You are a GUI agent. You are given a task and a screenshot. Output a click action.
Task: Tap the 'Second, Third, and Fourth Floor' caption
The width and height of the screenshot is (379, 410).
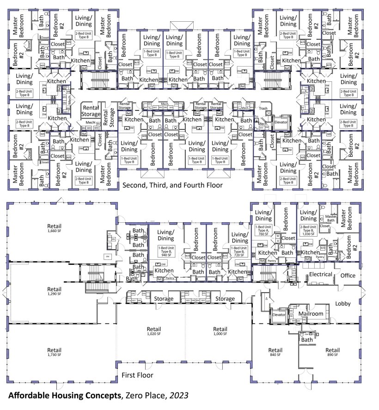click(172, 185)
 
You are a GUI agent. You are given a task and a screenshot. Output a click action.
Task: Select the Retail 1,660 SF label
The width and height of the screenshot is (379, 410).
click(54, 229)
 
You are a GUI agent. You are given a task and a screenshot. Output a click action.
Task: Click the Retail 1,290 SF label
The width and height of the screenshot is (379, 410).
click(54, 291)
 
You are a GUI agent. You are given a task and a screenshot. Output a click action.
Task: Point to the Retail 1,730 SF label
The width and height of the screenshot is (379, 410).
click(54, 352)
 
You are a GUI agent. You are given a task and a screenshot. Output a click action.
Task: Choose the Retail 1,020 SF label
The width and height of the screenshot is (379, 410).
click(154, 331)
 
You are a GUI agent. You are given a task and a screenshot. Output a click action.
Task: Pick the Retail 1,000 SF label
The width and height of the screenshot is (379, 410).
click(220, 331)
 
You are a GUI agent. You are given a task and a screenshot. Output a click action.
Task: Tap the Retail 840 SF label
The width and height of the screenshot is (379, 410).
click(275, 352)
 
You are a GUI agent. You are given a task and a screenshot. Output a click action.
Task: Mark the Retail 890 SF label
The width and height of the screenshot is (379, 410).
click(332, 352)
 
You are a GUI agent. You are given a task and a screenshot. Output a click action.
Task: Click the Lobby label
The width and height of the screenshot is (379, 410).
click(343, 304)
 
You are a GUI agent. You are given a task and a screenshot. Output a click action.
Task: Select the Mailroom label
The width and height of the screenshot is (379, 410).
click(310, 313)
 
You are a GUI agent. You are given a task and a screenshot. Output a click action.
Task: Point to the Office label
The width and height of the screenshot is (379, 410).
click(348, 275)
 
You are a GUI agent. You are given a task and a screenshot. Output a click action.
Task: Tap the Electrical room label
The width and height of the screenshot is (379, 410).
click(321, 274)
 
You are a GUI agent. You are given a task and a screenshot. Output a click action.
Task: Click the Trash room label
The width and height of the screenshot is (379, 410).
click(264, 108)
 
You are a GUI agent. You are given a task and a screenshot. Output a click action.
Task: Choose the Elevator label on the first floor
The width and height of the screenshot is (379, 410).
click(279, 314)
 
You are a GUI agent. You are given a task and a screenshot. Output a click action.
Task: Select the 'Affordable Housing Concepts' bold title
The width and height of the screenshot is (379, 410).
click(63, 396)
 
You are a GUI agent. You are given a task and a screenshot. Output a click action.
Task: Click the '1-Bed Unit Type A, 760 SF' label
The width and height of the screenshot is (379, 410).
click(263, 230)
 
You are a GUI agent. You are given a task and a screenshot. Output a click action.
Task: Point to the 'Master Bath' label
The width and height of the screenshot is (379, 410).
click(331, 218)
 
